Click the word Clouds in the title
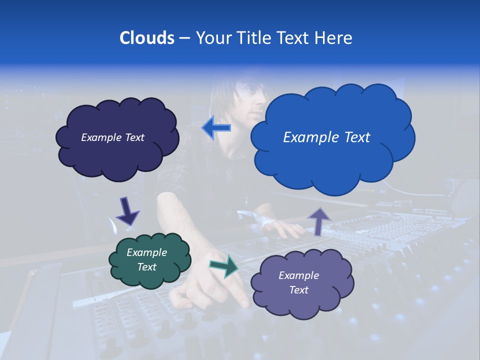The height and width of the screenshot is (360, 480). tap(147, 38)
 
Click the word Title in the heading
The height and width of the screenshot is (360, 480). tap(249, 38)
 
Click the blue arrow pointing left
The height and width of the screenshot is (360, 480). tap(216, 128)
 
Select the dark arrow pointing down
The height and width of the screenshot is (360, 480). tap(127, 210)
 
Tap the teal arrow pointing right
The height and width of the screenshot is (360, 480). tap(224, 266)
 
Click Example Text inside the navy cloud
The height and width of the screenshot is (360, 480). tap(112, 137)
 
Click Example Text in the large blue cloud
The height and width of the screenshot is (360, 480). tap(326, 137)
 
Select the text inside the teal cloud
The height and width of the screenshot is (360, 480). tap(147, 259)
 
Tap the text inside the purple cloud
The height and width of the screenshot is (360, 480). tap(298, 282)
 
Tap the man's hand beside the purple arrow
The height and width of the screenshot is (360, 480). tap(285, 227)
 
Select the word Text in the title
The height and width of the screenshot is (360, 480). tap(295, 38)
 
